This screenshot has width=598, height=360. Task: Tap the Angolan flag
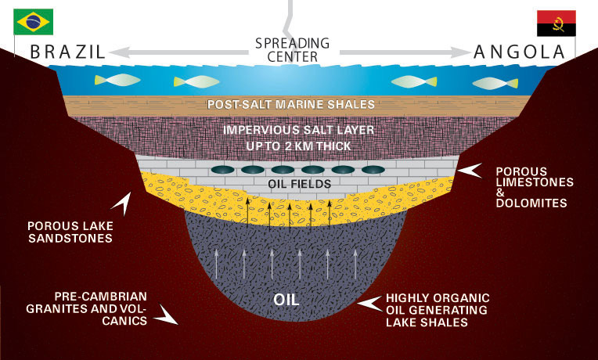(x=556, y=24)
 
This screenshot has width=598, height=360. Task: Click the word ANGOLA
(x=519, y=52)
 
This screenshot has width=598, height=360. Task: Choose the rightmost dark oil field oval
(x=371, y=169)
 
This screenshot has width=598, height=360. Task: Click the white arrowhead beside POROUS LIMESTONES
(x=470, y=171)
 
